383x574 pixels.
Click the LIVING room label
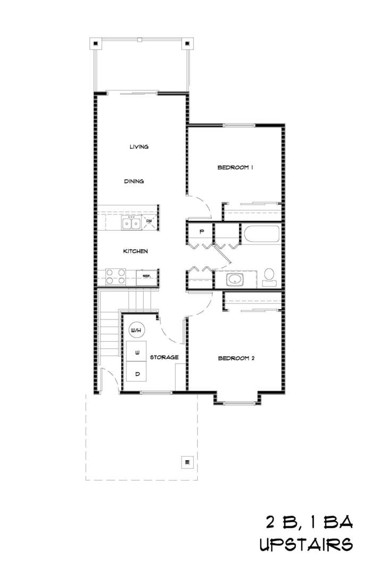[x=139, y=147]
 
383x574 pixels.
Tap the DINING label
[x=134, y=181]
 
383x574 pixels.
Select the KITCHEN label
[x=136, y=251]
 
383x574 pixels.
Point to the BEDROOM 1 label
[x=235, y=168]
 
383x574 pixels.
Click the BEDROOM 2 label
[x=237, y=358]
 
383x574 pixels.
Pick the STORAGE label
[x=164, y=357]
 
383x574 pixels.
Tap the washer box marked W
[x=137, y=352]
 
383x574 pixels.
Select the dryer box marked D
[x=137, y=374]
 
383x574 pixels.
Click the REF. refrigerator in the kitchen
[x=147, y=276]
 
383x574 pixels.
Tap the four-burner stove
[x=116, y=276]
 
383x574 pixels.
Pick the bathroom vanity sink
[x=234, y=279]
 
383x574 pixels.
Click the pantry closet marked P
[x=202, y=232]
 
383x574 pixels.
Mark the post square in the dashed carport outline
[x=186, y=461]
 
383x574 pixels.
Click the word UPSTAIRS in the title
[x=306, y=545]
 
